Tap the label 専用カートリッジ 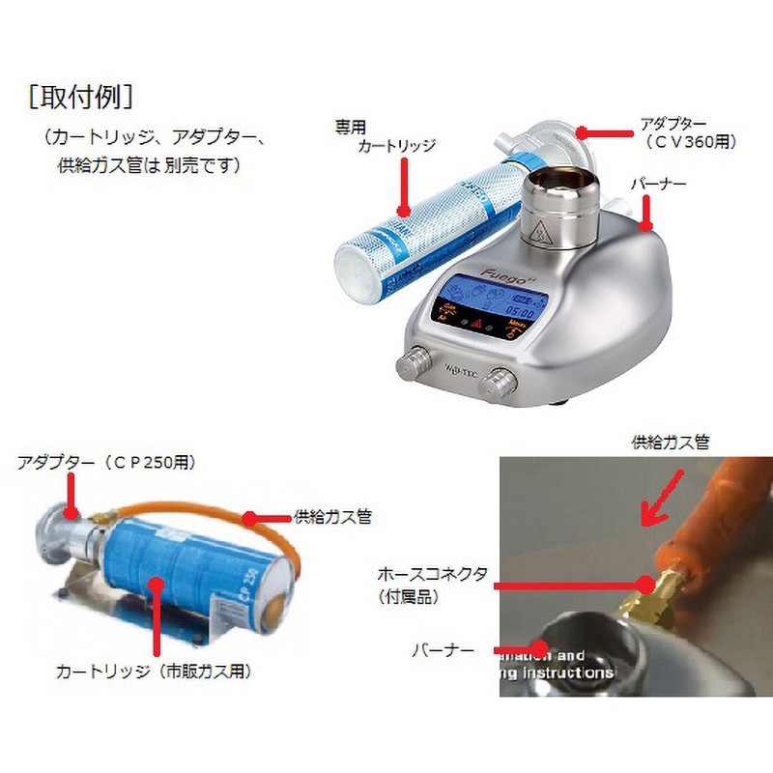point(385,136)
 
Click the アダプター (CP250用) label point(106,463)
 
